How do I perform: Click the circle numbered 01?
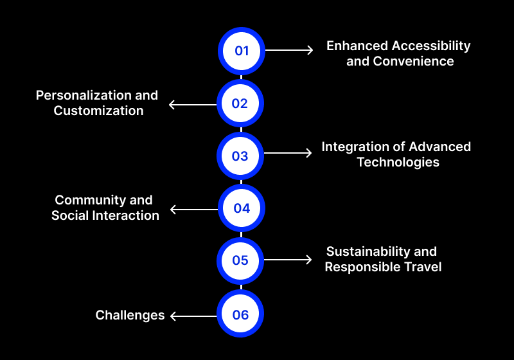click(241, 50)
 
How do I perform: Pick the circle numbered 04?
click(241, 208)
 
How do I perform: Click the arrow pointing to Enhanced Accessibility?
click(289, 50)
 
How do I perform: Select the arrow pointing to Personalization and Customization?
click(193, 104)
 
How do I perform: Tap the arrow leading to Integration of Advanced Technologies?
click(288, 153)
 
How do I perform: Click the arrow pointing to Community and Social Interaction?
click(194, 209)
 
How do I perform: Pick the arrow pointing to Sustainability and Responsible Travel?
click(288, 260)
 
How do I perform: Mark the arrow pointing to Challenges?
click(194, 316)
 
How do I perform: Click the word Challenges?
click(130, 315)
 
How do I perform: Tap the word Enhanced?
click(357, 46)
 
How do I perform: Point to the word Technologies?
click(398, 163)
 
